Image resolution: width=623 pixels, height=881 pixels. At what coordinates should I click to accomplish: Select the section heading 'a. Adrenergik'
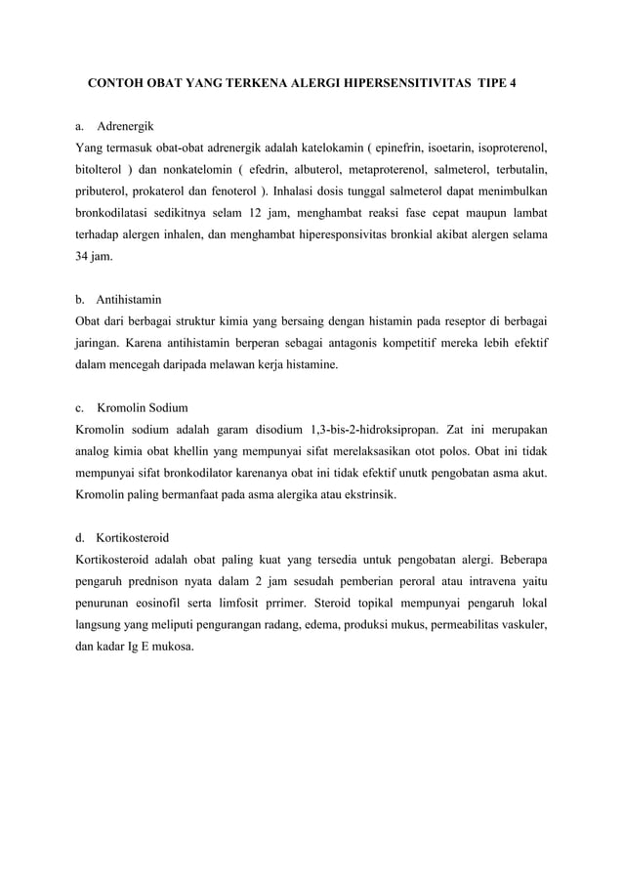tap(113, 127)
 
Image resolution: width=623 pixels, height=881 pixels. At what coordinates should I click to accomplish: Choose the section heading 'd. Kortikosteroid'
tap(124, 535)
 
